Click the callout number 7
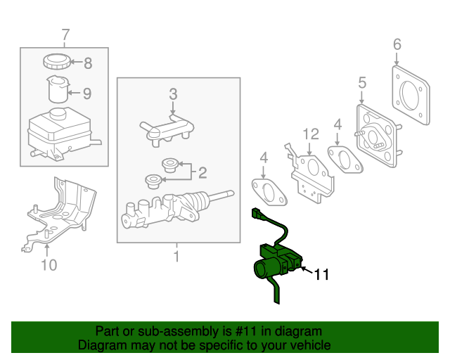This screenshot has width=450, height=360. click(65, 34)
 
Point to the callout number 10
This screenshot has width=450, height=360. click(49, 264)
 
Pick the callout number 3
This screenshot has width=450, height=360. click(173, 94)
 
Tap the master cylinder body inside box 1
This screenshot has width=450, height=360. click(169, 209)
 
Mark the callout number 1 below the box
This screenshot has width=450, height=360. click(176, 257)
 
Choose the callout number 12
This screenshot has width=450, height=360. click(311, 134)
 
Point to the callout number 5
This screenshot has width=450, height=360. click(362, 83)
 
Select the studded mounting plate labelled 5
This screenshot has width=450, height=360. click(378, 138)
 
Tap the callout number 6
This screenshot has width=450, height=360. click(397, 45)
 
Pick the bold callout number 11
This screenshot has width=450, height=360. click(321, 275)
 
